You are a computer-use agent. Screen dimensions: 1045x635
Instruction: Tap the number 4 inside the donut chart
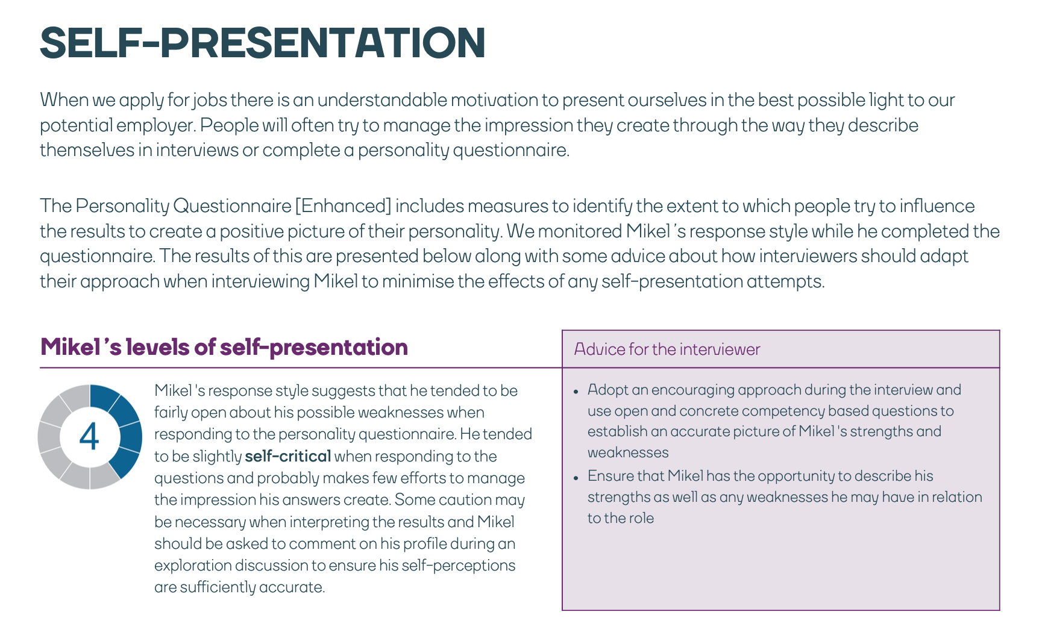89,437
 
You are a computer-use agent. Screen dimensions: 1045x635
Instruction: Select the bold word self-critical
288,456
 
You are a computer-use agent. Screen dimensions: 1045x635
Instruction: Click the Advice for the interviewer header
667,349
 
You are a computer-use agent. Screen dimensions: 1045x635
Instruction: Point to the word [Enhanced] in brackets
343,206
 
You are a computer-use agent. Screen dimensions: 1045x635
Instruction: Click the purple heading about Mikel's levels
224,347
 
